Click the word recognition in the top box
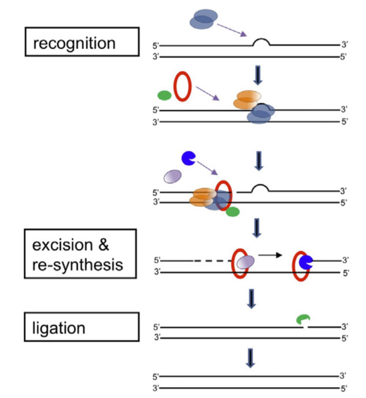coord(74,43)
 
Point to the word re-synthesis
coord(77,264)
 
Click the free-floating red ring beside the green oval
coord(182,88)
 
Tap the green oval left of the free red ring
coord(164,96)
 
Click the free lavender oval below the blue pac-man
coord(172,176)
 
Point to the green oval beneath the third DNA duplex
coord(232,212)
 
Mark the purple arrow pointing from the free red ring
coord(207,93)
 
